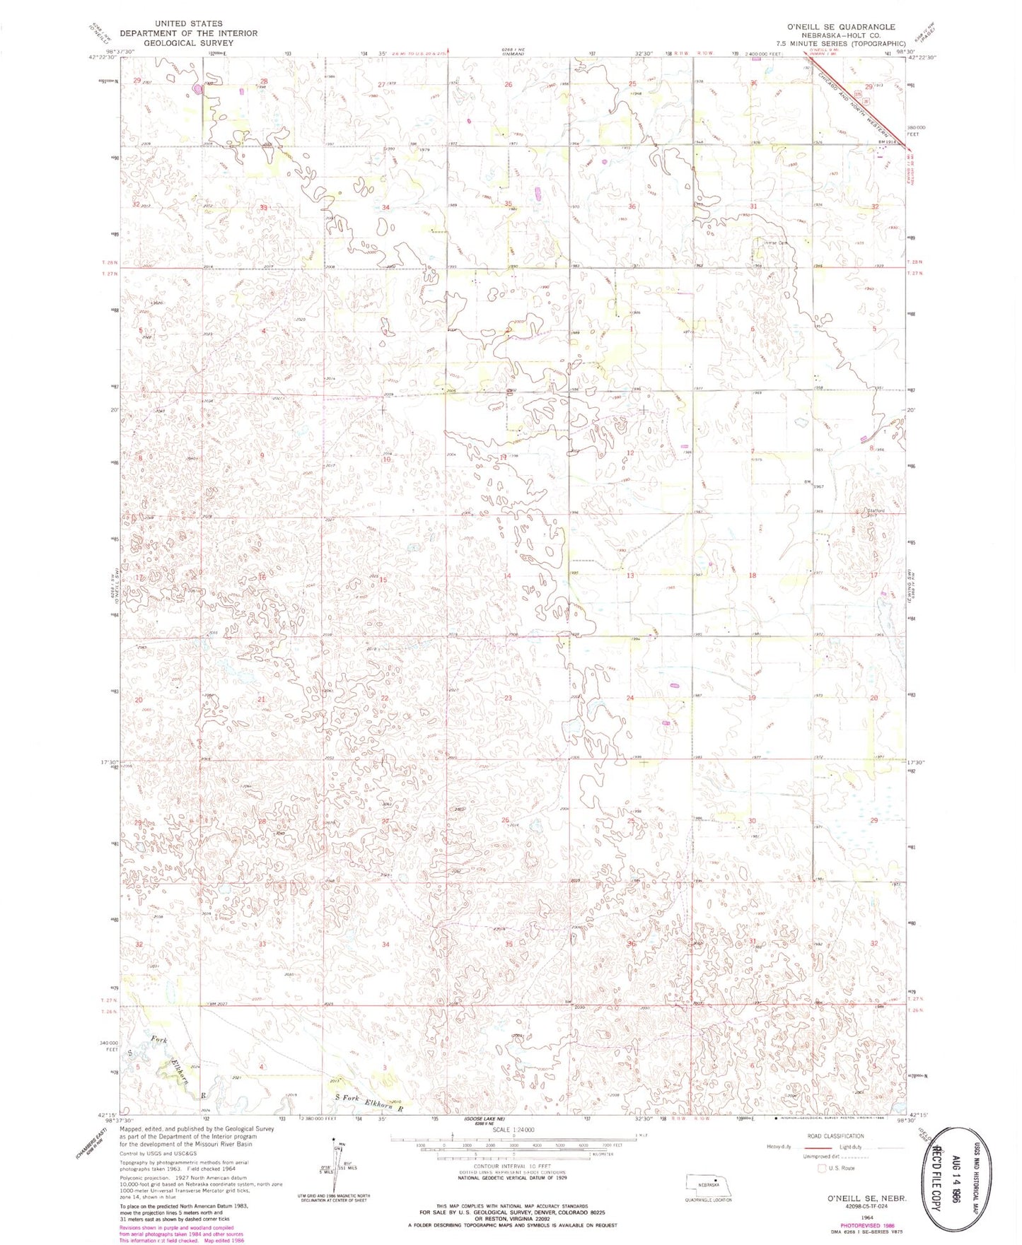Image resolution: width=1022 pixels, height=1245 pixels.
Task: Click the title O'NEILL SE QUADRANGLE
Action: pos(840,27)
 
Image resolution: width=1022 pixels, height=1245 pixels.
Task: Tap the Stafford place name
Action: pos(876,510)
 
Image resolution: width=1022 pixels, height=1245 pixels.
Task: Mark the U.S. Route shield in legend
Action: pos(823,1168)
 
